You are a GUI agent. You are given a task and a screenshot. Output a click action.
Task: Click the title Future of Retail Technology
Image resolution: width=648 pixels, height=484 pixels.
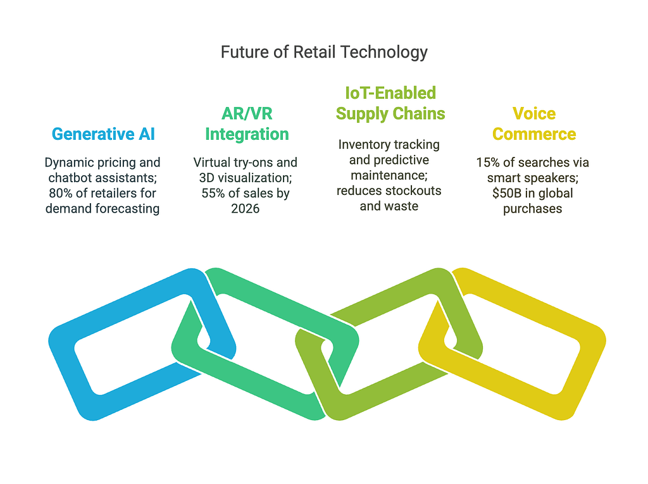(x=324, y=53)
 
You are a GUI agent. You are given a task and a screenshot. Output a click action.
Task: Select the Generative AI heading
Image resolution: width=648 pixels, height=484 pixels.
(x=103, y=134)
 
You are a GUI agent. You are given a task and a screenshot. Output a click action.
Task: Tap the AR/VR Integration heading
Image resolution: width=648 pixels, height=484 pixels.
(x=247, y=123)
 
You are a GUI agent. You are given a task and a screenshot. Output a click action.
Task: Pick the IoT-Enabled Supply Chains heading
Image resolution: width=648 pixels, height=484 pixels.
(x=390, y=103)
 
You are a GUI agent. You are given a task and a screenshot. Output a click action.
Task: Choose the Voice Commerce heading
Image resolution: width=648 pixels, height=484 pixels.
(x=534, y=123)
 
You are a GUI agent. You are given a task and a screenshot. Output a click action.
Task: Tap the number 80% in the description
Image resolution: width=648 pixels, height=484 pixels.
(x=60, y=193)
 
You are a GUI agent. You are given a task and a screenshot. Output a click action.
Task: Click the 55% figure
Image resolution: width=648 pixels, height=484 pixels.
(x=213, y=193)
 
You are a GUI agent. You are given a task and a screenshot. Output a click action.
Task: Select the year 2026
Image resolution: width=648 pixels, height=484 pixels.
(x=245, y=208)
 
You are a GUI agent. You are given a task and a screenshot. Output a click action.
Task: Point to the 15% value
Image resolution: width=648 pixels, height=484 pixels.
(x=488, y=163)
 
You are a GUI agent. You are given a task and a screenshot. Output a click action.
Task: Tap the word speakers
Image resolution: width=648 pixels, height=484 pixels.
(x=554, y=178)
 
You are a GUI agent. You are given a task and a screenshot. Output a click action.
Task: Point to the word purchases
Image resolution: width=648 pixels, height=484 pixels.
(x=532, y=209)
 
